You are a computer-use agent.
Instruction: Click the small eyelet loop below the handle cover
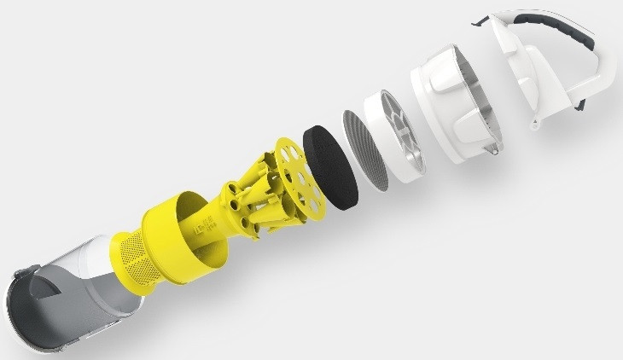(x=536, y=127)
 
